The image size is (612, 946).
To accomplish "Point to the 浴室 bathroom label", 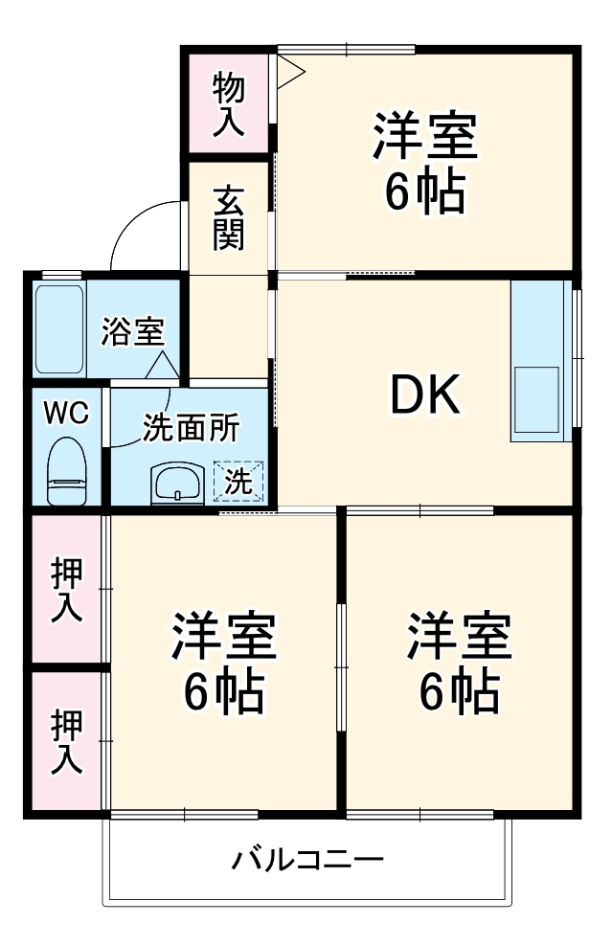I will pos(134,331).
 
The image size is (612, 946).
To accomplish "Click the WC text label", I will pos(66,414).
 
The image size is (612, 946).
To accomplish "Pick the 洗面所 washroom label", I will pos(192,428).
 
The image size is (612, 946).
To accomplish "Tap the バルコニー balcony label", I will pos(307,858).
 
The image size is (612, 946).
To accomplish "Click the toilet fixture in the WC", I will pos(66,470).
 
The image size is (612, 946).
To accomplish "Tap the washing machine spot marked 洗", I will pos(239,482).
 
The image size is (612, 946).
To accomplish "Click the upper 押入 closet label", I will pos(65,589).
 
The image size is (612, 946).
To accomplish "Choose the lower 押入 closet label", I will pos(65,740).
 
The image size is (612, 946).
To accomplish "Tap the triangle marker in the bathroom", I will pos(161,365).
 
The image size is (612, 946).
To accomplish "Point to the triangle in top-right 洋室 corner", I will pos(290,69).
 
